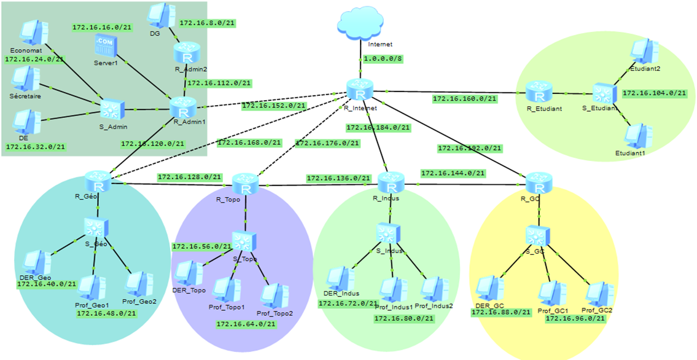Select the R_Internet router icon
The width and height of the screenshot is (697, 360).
pyautogui.click(x=360, y=90)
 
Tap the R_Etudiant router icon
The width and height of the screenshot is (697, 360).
pyautogui.click(x=539, y=93)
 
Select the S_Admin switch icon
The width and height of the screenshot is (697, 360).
pyautogui.click(x=113, y=109)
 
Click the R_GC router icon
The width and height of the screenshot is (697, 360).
pyautogui.click(x=539, y=184)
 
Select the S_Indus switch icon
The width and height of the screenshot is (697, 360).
pyautogui.click(x=388, y=234)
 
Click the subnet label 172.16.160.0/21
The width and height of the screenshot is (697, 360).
pyautogui.click(x=464, y=98)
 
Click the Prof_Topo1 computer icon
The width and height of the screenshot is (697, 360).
pyautogui.click(x=226, y=290)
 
